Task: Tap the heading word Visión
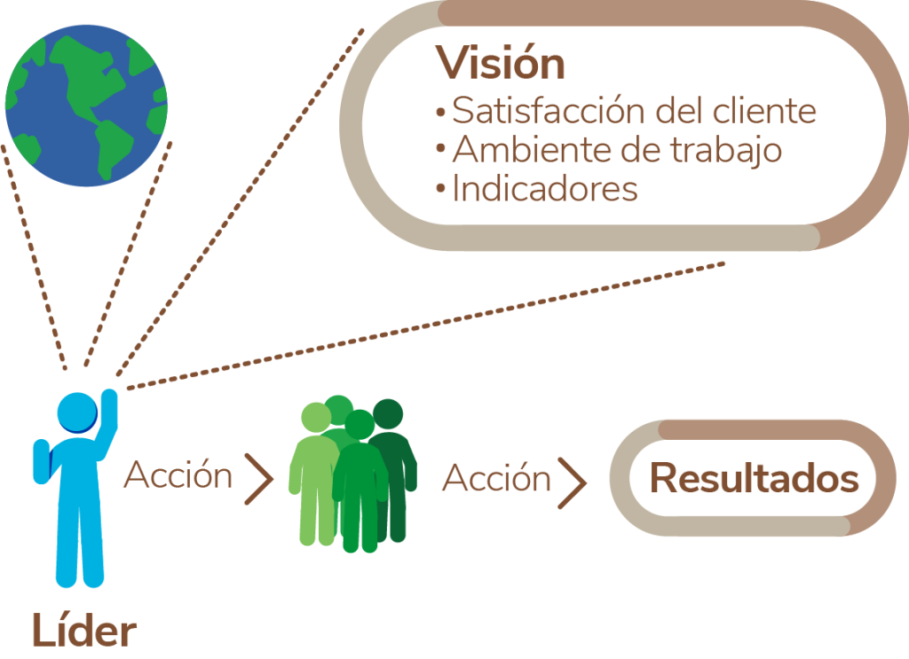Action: click(x=500, y=64)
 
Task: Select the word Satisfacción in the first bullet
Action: click(x=549, y=111)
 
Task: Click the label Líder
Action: click(x=84, y=632)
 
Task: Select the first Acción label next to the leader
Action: click(x=178, y=475)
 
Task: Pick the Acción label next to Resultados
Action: click(x=496, y=479)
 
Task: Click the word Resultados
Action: click(x=754, y=479)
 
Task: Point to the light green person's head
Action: click(x=316, y=419)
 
